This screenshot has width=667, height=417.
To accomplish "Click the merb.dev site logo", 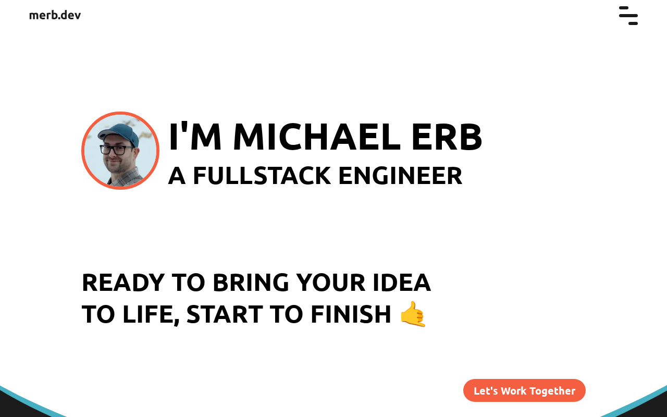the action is pyautogui.click(x=55, y=15).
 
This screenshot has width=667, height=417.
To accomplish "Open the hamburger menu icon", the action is pyautogui.click(x=628, y=16).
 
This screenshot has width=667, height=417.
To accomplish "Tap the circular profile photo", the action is pyautogui.click(x=120, y=151).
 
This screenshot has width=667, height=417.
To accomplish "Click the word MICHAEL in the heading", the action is pyautogui.click(x=317, y=137).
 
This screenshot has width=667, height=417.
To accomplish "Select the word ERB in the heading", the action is pyautogui.click(x=447, y=137).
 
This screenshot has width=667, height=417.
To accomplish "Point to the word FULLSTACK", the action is pyautogui.click(x=262, y=176).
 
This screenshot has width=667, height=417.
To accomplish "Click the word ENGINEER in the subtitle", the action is pyautogui.click(x=401, y=176).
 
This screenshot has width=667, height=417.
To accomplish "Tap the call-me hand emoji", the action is pyautogui.click(x=413, y=314).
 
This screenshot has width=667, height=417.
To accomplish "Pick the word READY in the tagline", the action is pyautogui.click(x=123, y=283).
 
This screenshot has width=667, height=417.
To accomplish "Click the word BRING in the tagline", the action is pyautogui.click(x=251, y=283).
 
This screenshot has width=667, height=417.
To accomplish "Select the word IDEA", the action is pyautogui.click(x=402, y=283).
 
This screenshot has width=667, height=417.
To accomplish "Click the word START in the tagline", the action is pyautogui.click(x=225, y=314).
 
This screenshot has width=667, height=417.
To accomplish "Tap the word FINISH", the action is pyautogui.click(x=351, y=314).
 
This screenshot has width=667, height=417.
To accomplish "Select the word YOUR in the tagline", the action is pyautogui.click(x=331, y=283).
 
